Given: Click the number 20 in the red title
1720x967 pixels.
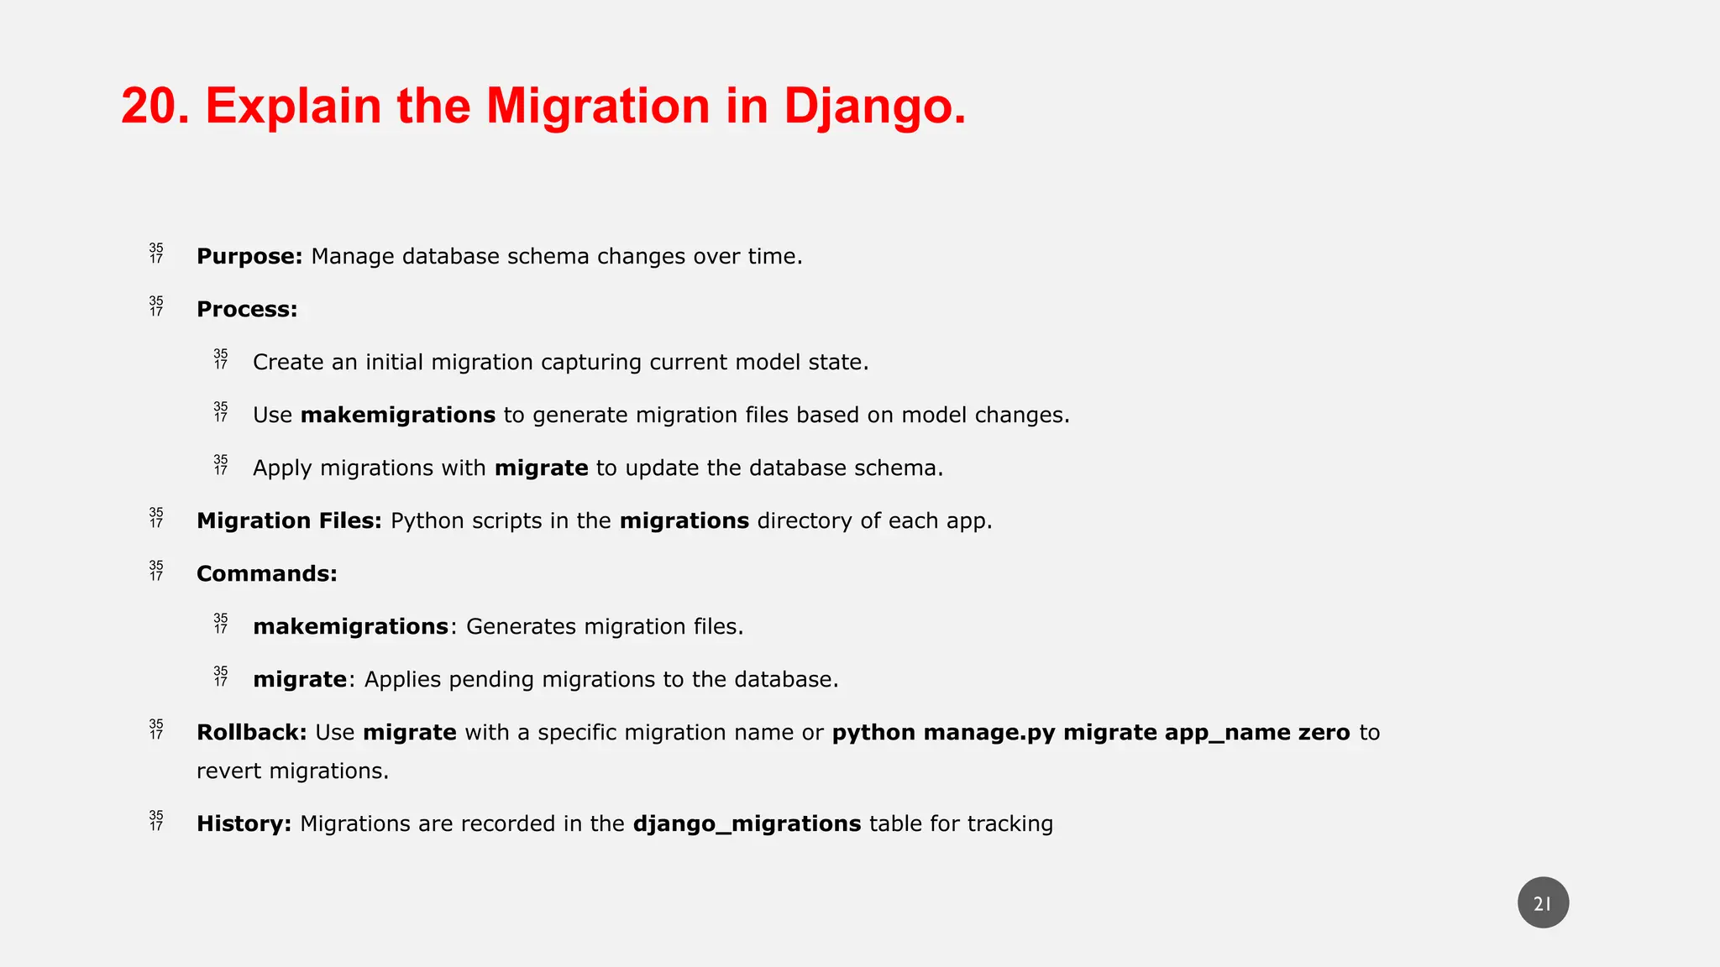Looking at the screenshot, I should (154, 107).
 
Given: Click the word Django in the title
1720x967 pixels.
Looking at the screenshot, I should (873, 107).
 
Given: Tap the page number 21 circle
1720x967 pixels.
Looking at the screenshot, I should (1543, 903).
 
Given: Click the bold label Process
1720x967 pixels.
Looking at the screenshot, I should (247, 309).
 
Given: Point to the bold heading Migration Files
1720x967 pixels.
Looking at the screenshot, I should (289, 520).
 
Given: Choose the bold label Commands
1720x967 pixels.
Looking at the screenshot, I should (266, 573).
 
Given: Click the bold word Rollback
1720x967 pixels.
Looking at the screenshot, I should (251, 732).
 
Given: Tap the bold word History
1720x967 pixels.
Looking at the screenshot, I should (244, 823).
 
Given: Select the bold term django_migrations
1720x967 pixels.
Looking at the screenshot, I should (747, 823).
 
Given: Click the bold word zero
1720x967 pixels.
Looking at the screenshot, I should (1324, 732).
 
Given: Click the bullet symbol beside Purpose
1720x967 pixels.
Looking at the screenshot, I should (156, 254).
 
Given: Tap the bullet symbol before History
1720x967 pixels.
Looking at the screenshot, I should (156, 821).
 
